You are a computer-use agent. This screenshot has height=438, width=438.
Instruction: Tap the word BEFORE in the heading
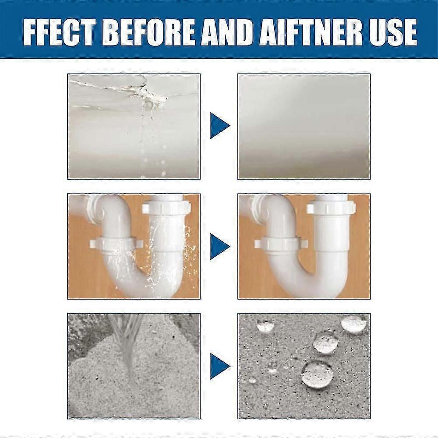pos(151,32)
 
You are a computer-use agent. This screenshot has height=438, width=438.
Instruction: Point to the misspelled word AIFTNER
pos(310,32)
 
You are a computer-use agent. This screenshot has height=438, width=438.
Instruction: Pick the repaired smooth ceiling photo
pos(304,126)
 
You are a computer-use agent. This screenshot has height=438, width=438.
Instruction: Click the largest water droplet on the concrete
pos(317,374)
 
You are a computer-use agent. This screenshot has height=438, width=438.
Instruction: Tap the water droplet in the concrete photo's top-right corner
pos(353,324)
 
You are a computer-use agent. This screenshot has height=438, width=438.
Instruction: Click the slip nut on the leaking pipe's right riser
pos(166,208)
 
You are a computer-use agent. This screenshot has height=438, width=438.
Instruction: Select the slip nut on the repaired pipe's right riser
pos(331,208)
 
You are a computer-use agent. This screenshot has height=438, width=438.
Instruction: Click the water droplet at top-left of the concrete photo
pos(265,325)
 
